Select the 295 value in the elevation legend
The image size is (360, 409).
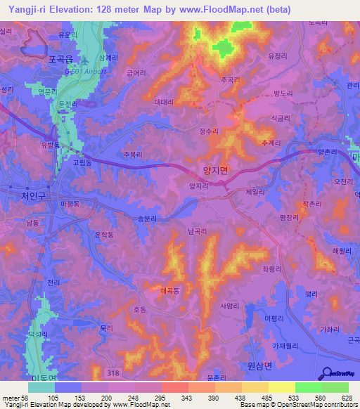(x=161, y=398)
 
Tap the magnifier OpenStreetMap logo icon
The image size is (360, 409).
(x=326, y=373)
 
